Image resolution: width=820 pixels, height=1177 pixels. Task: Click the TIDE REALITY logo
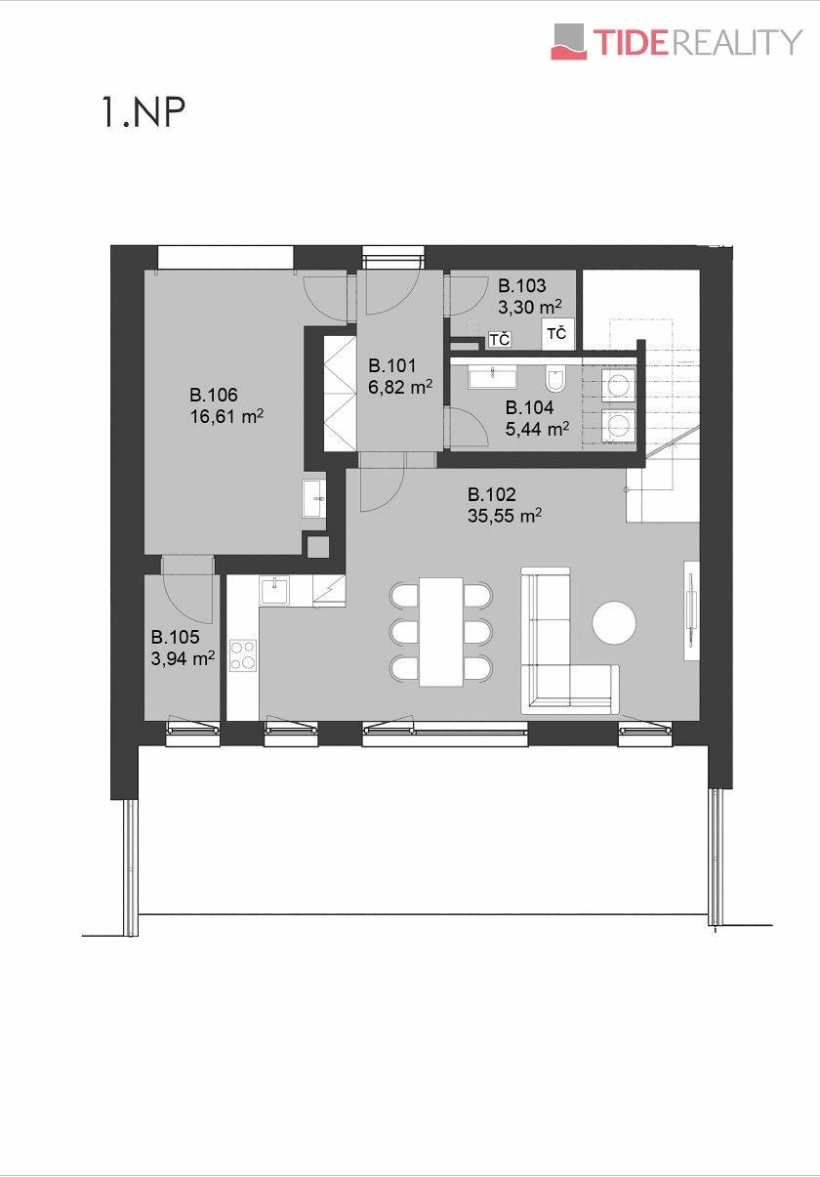pyautogui.click(x=676, y=41)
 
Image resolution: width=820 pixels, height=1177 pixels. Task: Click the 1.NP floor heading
pyautogui.click(x=143, y=112)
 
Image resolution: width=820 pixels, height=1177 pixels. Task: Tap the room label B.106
pyautogui.click(x=214, y=395)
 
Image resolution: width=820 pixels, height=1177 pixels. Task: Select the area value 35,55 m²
pyautogui.click(x=505, y=516)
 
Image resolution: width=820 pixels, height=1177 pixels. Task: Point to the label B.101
pyautogui.click(x=392, y=365)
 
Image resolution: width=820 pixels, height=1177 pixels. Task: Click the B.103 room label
pyautogui.click(x=522, y=286)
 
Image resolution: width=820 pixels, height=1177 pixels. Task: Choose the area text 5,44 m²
pyautogui.click(x=537, y=430)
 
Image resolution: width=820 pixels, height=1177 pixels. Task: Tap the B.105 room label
pyautogui.click(x=175, y=637)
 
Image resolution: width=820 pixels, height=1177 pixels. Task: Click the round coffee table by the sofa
pyautogui.click(x=614, y=622)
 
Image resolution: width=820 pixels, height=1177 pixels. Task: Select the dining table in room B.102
pyautogui.click(x=441, y=632)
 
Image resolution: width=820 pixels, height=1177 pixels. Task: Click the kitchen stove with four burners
pyautogui.click(x=243, y=655)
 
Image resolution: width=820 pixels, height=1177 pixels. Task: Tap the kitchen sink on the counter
pyautogui.click(x=273, y=591)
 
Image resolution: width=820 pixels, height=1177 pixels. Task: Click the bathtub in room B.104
pyautogui.click(x=493, y=378)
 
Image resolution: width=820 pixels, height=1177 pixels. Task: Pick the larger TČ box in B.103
pyautogui.click(x=557, y=334)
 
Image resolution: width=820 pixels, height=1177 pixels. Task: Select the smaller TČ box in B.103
pyautogui.click(x=499, y=340)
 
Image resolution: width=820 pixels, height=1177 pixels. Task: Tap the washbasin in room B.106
pyautogui.click(x=314, y=498)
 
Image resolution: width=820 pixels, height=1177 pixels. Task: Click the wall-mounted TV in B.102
pyautogui.click(x=691, y=610)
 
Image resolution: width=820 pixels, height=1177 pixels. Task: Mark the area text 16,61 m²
pyautogui.click(x=226, y=417)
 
